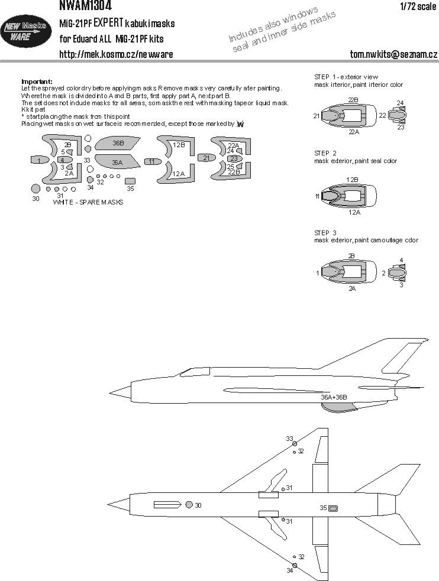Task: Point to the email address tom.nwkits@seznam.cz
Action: (393, 55)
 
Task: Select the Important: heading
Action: (37, 82)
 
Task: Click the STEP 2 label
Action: (325, 152)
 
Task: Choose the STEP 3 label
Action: (325, 232)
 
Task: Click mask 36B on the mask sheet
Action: (117, 144)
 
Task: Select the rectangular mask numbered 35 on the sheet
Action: (130, 181)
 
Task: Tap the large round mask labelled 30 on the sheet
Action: (35, 189)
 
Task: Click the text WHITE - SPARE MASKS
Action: (88, 202)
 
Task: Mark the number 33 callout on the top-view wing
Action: (289, 439)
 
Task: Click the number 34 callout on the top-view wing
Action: (289, 570)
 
